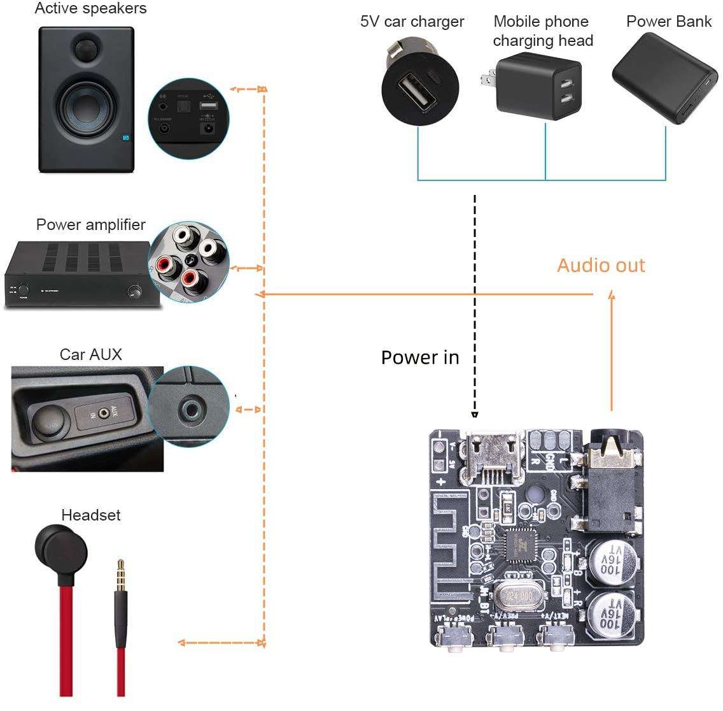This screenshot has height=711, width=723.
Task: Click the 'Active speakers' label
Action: (90, 9)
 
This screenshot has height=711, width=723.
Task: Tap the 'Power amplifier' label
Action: (90, 224)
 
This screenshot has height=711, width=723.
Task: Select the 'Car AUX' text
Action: (90, 354)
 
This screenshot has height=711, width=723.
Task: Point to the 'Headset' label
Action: (90, 515)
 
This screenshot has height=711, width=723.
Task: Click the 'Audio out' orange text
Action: (601, 265)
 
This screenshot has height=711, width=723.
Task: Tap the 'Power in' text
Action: (420, 357)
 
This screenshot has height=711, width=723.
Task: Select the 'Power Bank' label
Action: (669, 21)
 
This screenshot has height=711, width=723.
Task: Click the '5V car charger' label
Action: (412, 21)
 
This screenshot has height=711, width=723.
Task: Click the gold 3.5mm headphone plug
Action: (120, 574)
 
